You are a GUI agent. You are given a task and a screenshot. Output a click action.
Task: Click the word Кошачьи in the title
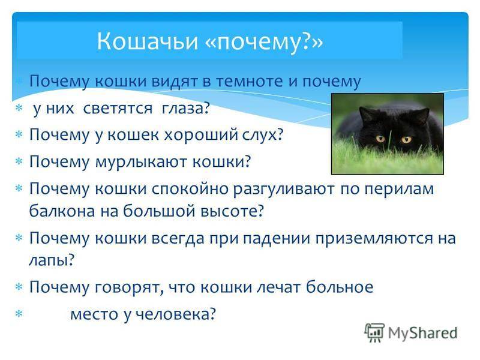147,41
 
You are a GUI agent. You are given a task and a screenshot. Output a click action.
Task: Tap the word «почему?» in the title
263,42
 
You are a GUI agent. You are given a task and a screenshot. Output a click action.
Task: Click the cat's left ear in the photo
365,113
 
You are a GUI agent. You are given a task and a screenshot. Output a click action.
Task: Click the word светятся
118,109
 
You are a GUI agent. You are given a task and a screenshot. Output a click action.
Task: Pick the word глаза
186,109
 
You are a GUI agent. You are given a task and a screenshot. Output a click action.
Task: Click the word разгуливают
284,189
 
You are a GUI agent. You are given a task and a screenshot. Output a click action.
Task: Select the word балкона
62,211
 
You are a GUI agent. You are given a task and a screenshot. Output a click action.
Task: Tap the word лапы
52,260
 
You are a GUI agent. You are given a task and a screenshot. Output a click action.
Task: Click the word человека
175,314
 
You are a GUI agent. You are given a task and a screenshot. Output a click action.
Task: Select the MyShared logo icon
374,333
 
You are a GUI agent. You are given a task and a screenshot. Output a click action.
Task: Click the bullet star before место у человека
19,314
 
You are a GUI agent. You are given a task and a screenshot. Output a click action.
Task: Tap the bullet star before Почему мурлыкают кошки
19,161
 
